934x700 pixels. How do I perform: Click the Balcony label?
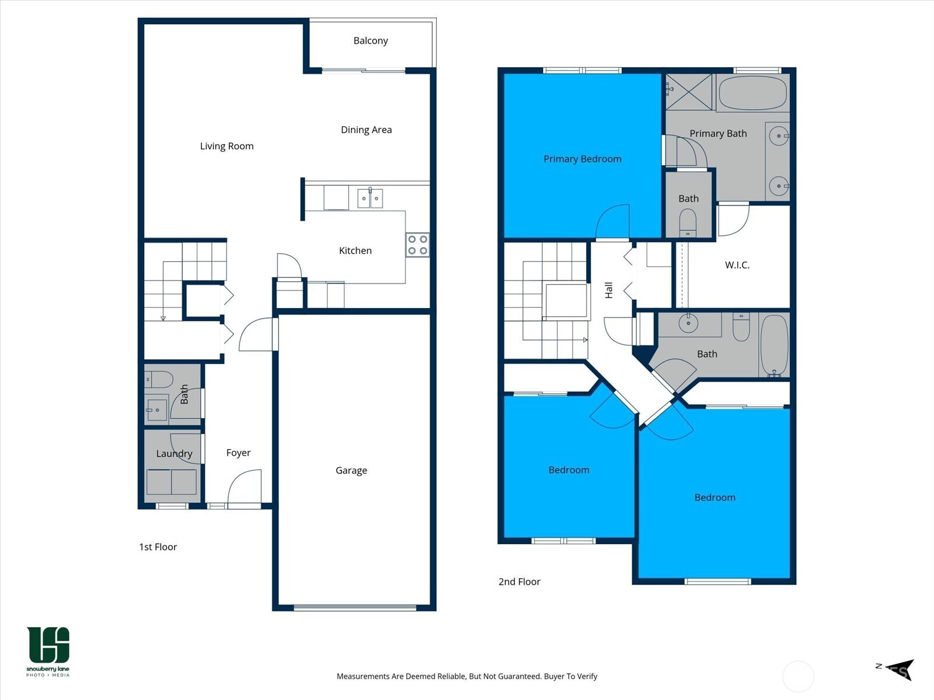[370, 41]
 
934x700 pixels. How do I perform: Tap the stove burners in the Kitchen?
[417, 245]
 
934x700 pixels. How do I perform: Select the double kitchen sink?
[370, 198]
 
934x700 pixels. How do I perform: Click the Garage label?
[351, 470]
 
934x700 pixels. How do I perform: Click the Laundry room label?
[174, 453]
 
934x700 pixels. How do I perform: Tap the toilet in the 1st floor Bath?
[159, 380]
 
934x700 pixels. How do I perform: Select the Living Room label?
[226, 146]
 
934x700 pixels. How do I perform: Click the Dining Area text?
[366, 129]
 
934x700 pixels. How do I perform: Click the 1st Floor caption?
[158, 547]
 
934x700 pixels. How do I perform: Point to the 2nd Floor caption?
[519, 582]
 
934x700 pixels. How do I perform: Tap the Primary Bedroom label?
[582, 159]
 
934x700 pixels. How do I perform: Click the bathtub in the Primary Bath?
[752, 93]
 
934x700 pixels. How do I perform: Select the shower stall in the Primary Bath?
[689, 92]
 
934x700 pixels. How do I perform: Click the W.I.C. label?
[737, 265]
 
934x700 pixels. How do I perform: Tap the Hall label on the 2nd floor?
[609, 290]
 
